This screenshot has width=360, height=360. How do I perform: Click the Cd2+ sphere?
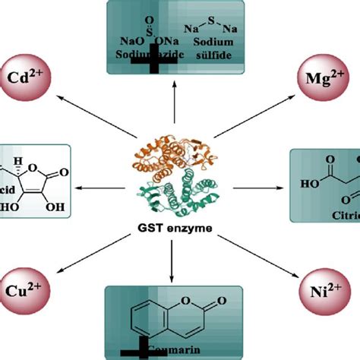(x=29, y=77)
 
